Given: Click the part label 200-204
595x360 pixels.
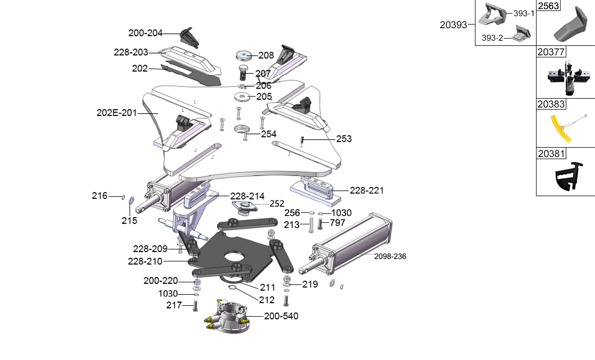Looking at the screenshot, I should [x=145, y=33].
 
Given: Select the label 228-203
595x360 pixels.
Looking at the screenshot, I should [x=130, y=52].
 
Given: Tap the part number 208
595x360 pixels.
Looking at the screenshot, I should [x=266, y=55].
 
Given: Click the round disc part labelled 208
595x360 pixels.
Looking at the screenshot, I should [x=243, y=55].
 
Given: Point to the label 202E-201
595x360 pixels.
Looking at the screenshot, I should [x=116, y=113].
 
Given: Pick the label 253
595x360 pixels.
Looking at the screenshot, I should [x=344, y=139].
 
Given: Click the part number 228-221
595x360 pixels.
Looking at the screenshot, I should [x=366, y=191].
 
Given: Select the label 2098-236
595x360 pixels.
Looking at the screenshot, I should [x=390, y=257].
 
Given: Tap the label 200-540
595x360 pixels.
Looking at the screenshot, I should [x=281, y=316].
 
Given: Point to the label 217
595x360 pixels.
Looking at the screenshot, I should [x=173, y=305].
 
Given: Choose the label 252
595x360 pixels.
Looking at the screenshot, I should [x=277, y=204].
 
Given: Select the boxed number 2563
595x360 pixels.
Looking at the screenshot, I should [x=548, y=6].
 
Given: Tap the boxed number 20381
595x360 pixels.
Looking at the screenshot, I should [x=551, y=154].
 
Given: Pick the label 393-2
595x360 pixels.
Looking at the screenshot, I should [x=492, y=38].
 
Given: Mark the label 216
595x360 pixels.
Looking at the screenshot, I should [x=99, y=196].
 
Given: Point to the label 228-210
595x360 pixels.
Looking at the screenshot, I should [x=145, y=261].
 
